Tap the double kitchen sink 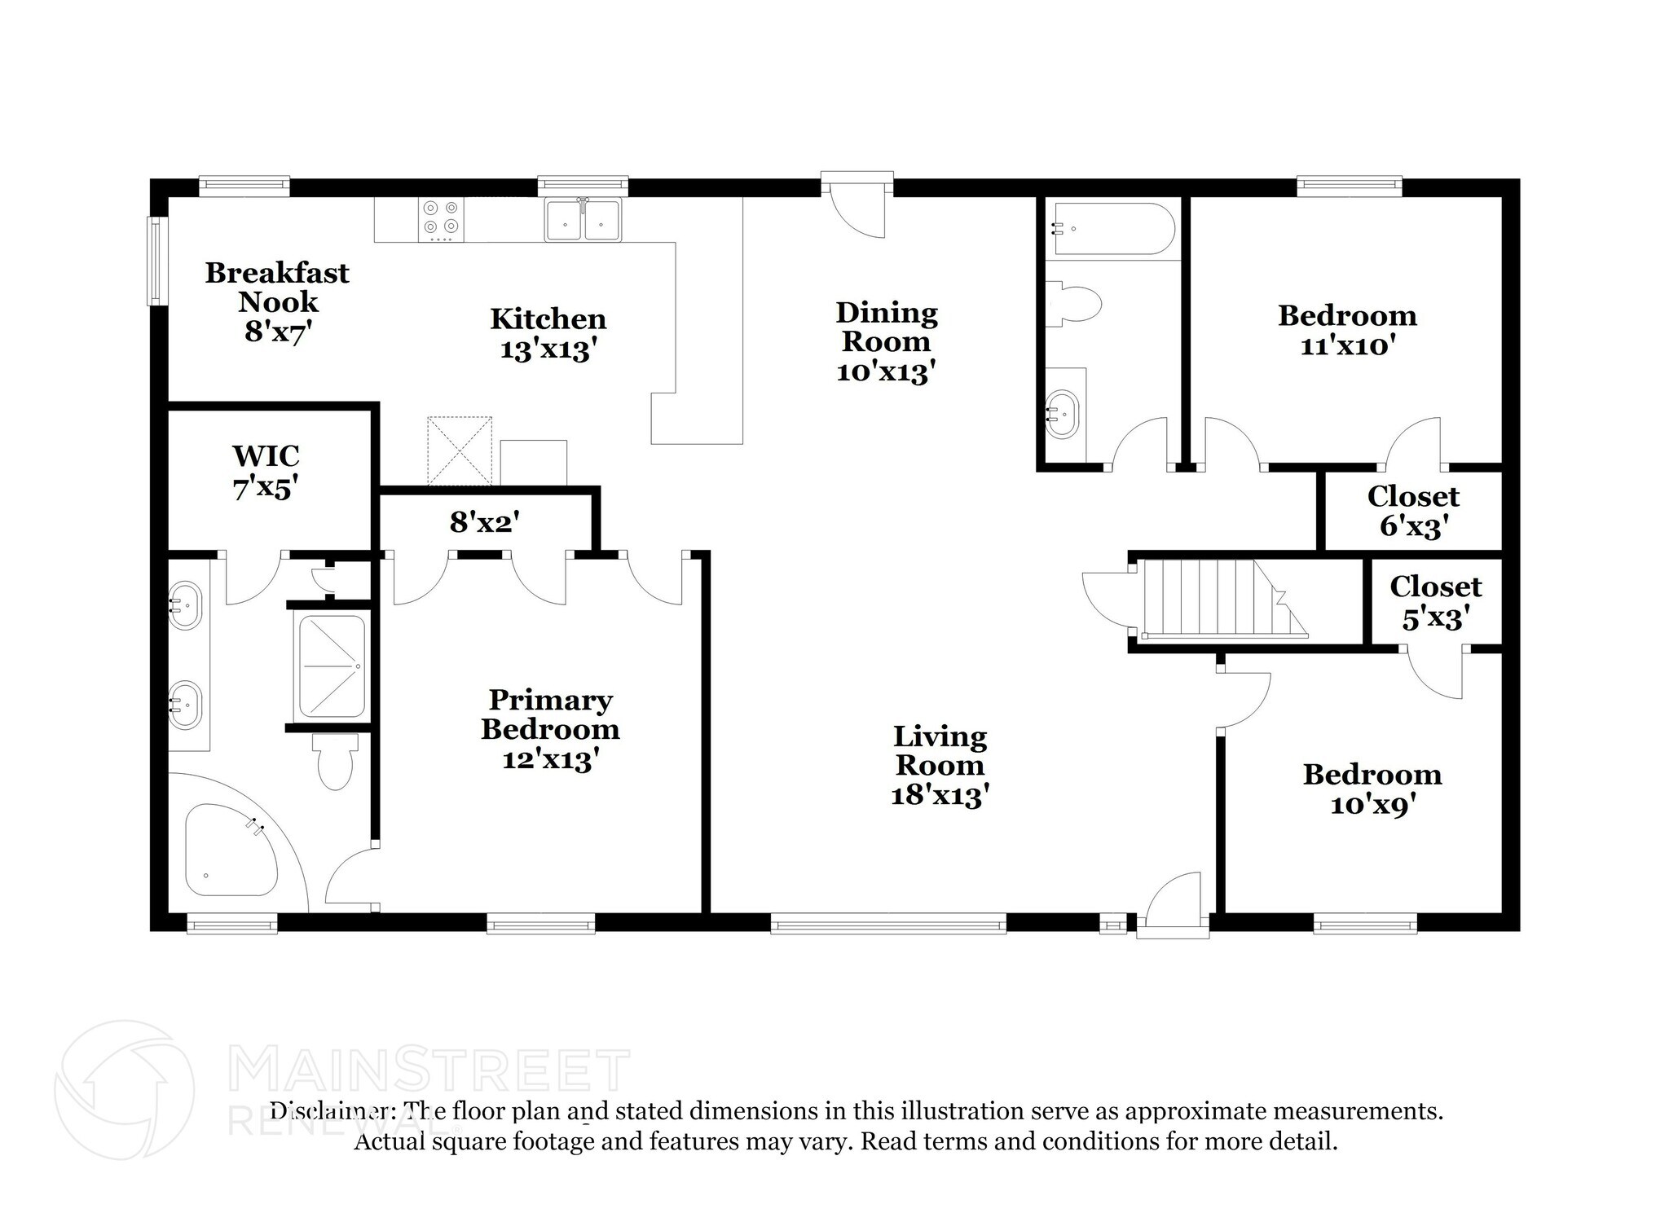coord(583,219)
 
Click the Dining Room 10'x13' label coord(886,342)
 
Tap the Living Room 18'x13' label coord(940,766)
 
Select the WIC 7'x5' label coord(266,472)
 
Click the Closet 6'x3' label coord(1413,511)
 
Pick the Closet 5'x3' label coord(1435,602)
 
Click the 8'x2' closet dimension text coord(485,522)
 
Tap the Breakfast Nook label coord(277,301)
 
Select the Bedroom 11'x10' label coord(1347,330)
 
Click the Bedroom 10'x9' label coord(1372,789)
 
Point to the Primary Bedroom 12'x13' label coord(550,729)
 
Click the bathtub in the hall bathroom coord(1111,229)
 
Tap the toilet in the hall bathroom coord(1073,303)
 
